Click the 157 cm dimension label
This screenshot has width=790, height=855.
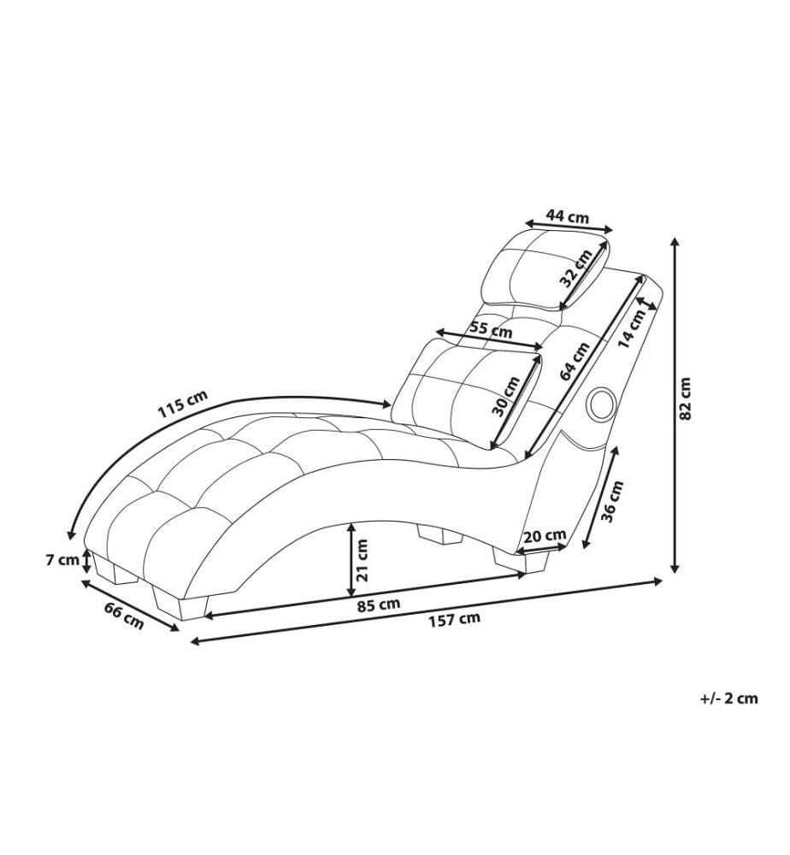454,619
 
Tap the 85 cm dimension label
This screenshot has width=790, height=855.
379,604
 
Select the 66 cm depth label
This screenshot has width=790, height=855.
124,615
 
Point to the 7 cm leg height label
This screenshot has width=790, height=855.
62,560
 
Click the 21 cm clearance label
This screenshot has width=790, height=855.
362,559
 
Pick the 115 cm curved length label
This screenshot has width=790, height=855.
183,404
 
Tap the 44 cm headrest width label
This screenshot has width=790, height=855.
568,216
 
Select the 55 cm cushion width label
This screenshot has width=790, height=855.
491,329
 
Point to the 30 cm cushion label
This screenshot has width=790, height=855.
506,397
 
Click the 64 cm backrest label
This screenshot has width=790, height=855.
575,361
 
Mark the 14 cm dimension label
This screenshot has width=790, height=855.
631,327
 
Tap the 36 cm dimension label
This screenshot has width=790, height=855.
611,501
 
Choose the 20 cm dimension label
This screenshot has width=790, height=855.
545,536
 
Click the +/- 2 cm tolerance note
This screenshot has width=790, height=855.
729,698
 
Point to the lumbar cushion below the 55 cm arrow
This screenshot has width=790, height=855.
469,392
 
